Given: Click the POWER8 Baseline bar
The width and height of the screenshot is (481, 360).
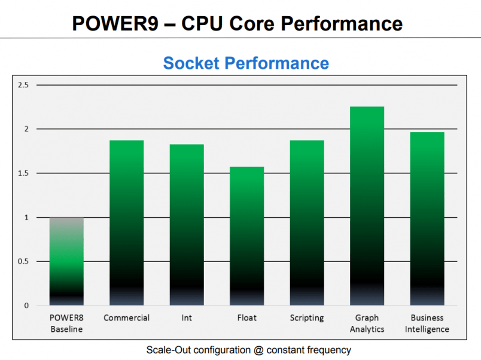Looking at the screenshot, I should pos(66,261).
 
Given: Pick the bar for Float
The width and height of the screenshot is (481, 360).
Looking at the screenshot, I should pos(246,236).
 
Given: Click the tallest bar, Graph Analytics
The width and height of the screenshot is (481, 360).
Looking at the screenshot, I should pos(367,206).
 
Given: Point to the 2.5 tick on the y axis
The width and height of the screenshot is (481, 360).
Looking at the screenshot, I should pos(23,85).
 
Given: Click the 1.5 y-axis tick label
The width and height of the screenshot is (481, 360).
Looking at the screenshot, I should pos(23,173).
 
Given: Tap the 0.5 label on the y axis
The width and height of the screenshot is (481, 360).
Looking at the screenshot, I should pos(23,261).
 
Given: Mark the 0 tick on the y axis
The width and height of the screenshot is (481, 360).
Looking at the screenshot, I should pos(26,306).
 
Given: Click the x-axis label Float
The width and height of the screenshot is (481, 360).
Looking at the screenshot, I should pos(246,318).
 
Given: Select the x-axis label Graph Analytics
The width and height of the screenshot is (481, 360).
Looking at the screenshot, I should pos(367,324).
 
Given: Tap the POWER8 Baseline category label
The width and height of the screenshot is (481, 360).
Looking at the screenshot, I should pos(66,324).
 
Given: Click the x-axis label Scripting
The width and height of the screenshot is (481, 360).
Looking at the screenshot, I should pos(307,318).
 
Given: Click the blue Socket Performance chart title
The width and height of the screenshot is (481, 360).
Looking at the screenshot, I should pos(246,63).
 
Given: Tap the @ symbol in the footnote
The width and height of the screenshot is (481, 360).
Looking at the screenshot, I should pos(257,350).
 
